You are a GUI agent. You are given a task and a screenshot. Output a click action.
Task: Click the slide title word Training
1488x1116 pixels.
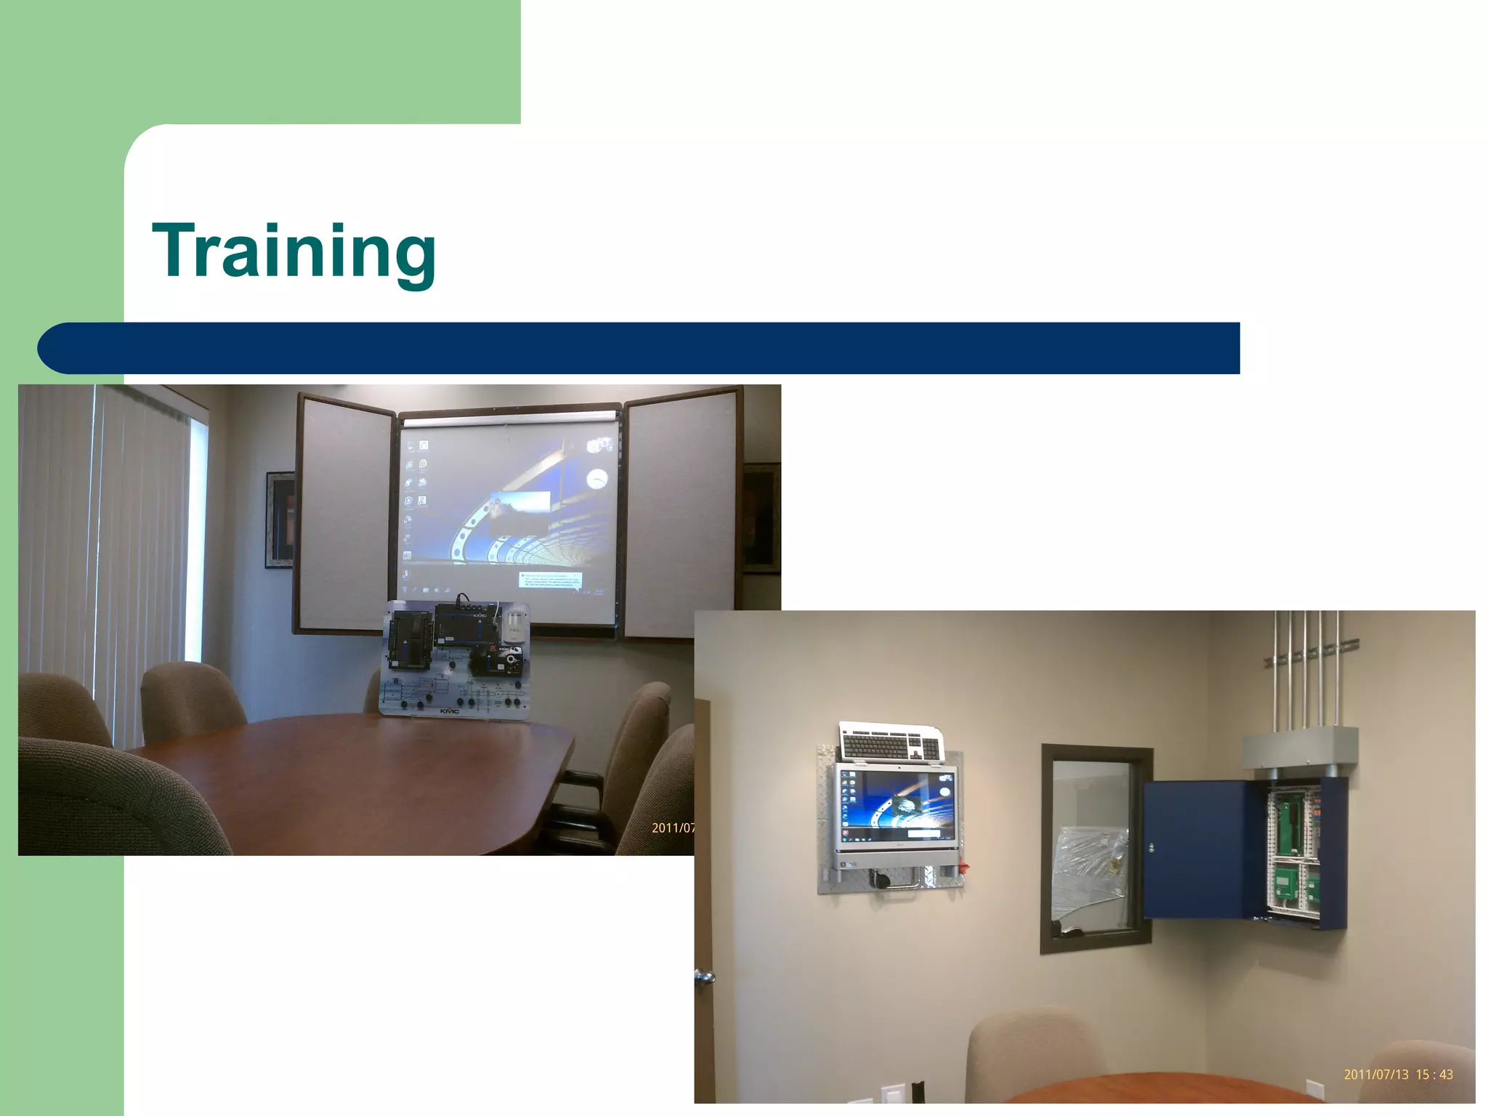[294, 252]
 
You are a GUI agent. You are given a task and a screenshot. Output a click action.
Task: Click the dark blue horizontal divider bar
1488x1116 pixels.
[639, 348]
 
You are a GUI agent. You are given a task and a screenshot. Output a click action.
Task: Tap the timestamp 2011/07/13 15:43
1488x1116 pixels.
[1398, 1075]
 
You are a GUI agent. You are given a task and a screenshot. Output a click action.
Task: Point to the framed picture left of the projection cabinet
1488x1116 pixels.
[280, 519]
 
